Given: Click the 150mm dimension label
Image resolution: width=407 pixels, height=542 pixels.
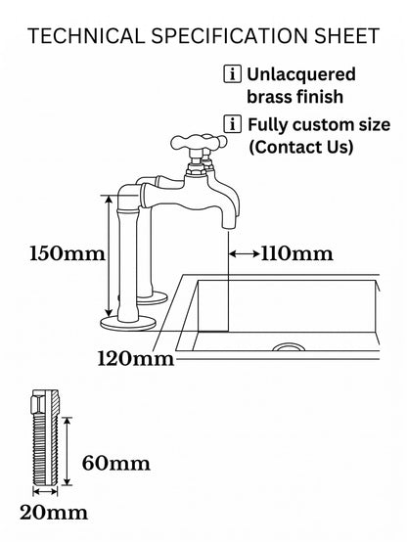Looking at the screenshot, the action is coord(68,253).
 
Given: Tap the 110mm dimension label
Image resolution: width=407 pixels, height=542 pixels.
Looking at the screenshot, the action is coord(296,253).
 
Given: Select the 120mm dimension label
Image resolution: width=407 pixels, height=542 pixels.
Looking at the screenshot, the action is coord(136,358).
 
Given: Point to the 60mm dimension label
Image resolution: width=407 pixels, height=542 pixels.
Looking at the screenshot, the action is coord(116,463).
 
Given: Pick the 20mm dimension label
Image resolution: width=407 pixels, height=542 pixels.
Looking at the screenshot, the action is coord(54,513).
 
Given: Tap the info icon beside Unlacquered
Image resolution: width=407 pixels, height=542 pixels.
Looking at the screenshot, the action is coord(232,74).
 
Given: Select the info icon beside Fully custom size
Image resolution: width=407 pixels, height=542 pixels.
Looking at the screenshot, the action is coord(232,124).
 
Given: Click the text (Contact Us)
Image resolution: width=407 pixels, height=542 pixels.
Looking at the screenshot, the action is coord(301,147).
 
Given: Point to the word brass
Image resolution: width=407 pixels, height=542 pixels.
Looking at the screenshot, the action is coord(269,97).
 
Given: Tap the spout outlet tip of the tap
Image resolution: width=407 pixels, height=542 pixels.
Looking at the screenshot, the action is coord(228,226).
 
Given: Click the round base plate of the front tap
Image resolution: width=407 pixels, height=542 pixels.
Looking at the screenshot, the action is coord(128,324).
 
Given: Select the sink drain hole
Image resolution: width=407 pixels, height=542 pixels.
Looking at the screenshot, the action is coord(289,347).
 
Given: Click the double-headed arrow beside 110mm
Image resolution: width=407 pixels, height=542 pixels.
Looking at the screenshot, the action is coord(245,254).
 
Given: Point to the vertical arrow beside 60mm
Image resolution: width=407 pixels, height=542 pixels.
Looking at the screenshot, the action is coord(68,451).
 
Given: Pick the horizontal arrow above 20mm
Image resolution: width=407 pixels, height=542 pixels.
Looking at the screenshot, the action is coord(45,491).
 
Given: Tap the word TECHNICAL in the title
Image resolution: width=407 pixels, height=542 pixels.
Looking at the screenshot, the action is coord(86,36).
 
